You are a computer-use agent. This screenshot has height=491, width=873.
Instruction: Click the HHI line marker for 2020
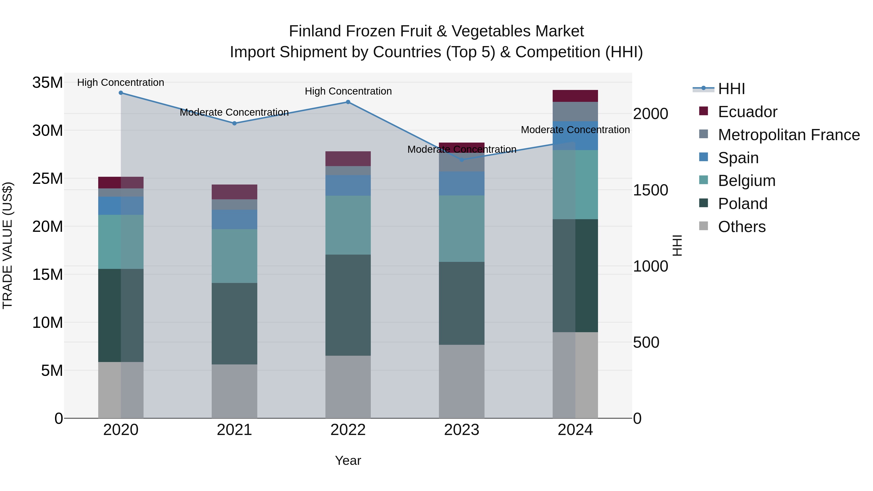coord(121,93)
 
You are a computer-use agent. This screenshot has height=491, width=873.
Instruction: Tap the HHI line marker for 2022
coord(348,102)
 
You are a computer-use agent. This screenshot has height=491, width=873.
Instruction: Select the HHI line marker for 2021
coord(234,123)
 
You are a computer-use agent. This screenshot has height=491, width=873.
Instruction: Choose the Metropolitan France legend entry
coord(788,135)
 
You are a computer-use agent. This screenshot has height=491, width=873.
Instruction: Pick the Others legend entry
coord(742,227)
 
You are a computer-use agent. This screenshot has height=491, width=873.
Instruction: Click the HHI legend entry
coord(731,89)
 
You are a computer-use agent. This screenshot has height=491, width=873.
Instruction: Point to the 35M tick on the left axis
coord(48,82)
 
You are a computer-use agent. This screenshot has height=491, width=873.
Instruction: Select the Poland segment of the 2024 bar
coord(575,275)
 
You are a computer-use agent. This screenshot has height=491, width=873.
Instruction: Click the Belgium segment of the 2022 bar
coord(348,225)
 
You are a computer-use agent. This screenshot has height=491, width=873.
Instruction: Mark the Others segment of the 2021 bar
coord(234,391)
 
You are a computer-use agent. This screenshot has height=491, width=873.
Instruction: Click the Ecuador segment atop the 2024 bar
coord(575,96)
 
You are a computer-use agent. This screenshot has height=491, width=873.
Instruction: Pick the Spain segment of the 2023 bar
coord(461,183)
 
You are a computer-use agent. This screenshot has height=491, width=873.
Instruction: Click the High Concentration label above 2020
coord(121,82)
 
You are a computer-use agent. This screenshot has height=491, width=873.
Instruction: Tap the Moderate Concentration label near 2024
coord(575,130)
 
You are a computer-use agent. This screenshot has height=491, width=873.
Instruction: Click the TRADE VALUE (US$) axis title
coord(8,245)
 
